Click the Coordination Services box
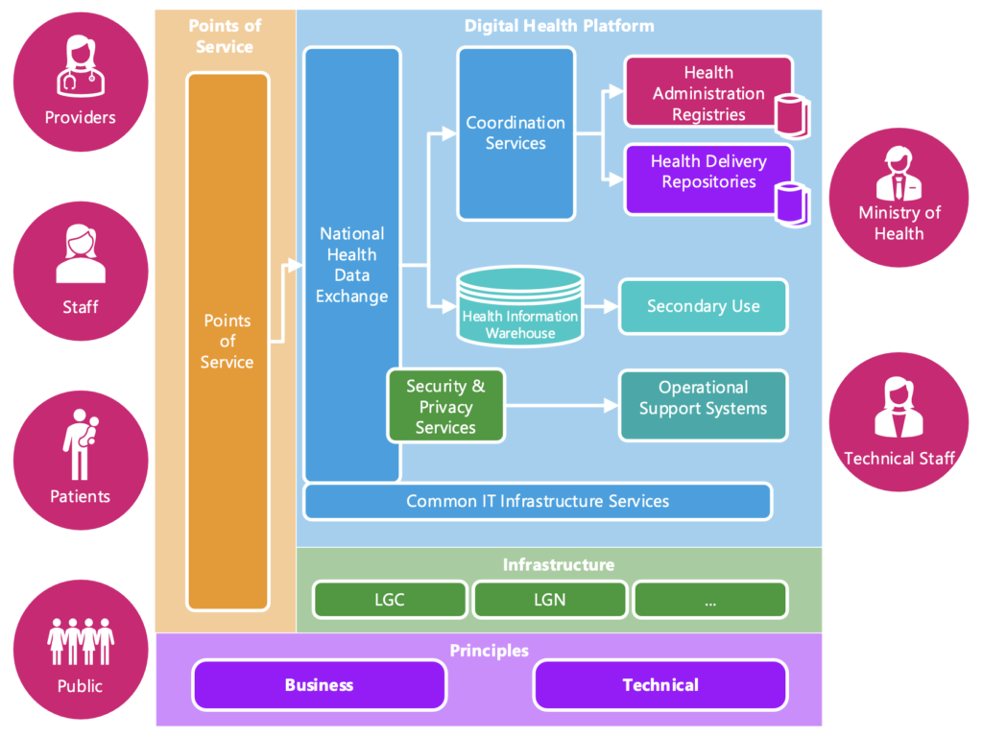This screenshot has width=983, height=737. coord(515,133)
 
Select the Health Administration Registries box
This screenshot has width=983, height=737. coord(708,92)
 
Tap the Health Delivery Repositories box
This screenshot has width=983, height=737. coord(708,179)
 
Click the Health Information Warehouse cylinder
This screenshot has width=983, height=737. coord(520,307)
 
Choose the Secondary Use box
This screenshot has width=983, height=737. coord(704,306)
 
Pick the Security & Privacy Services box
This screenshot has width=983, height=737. coord(445,406)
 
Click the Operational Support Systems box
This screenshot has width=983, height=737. coord(704,406)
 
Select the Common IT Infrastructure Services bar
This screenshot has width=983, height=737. coord(538,501)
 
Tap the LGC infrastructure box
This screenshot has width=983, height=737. coord(390,600)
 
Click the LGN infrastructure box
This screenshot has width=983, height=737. coord(550,600)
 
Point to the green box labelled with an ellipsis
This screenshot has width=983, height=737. coord(710,600)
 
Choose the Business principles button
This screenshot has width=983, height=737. coord(319,685)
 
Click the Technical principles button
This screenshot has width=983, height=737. coord(660,685)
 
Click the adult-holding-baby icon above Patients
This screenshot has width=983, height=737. coord(81,444)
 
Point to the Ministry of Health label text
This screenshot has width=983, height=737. coord(899,223)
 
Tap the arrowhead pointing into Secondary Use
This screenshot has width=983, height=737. coord(611,306)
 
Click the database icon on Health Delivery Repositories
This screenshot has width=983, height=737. coord(792,204)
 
